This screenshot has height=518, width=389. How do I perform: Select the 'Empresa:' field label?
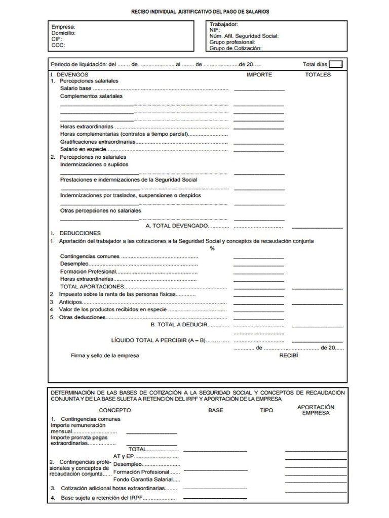pyautogui.click(x=63, y=27)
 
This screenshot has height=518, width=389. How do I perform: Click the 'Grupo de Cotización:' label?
pyautogui.click(x=236, y=49)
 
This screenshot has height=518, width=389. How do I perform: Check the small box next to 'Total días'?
pyautogui.click(x=335, y=64)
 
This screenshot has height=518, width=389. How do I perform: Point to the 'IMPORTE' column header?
pyautogui.click(x=259, y=74)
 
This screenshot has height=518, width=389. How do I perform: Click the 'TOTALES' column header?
pyautogui.click(x=318, y=74)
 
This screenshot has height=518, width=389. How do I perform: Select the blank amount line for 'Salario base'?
pyautogui.click(x=259, y=89)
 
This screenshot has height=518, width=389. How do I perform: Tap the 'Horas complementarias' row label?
pyautogui.click(x=124, y=135)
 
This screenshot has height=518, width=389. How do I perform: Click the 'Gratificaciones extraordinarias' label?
pyautogui.click(x=98, y=142)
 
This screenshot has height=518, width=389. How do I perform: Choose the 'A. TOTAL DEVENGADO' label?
pyautogui.click(x=176, y=226)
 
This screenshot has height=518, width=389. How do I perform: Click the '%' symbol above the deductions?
pyautogui.click(x=212, y=248)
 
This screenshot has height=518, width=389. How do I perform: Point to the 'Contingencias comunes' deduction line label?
pyautogui.click(x=90, y=256)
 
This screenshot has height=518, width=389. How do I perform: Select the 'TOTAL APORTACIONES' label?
pyautogui.click(x=92, y=286)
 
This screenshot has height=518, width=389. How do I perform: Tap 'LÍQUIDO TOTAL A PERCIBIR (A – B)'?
pyautogui.click(x=158, y=340)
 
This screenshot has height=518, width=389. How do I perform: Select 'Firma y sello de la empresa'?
pyautogui.click(x=105, y=356)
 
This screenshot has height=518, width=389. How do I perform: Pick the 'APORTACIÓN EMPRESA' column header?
pyautogui.click(x=316, y=410)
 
